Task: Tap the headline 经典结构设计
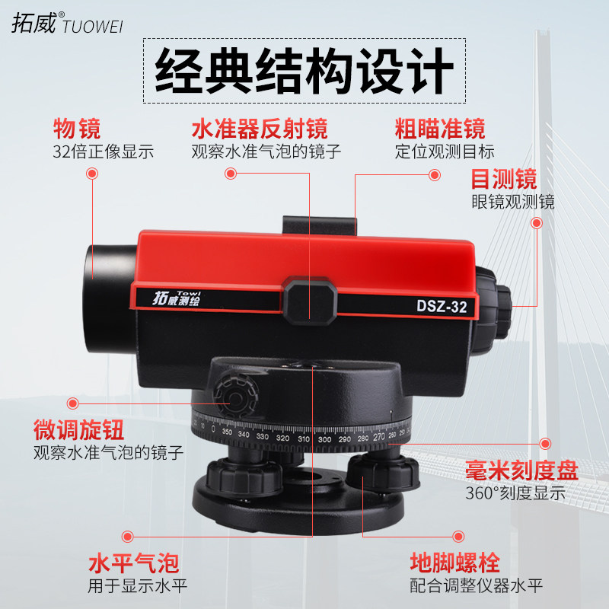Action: click(x=304, y=72)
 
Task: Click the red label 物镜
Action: click(x=77, y=127)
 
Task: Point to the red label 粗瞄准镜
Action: click(x=439, y=127)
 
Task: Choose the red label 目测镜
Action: click(x=503, y=179)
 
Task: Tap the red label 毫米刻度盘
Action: click(x=522, y=470)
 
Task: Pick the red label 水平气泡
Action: click(x=133, y=564)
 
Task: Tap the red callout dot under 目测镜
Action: click(x=536, y=224)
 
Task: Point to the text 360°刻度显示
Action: click(x=515, y=493)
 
